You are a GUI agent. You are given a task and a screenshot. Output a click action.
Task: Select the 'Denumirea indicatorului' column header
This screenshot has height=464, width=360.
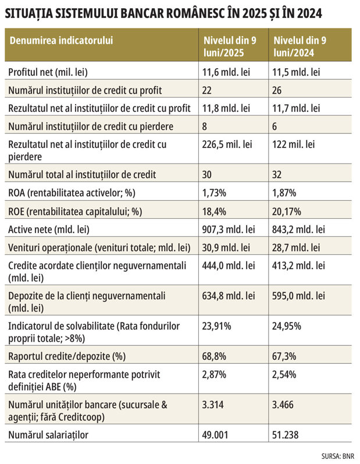[61, 40]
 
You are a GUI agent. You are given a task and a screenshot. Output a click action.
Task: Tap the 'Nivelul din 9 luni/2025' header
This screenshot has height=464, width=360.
[230, 46]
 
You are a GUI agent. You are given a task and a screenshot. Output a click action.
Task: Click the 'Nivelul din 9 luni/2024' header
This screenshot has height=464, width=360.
[300, 46]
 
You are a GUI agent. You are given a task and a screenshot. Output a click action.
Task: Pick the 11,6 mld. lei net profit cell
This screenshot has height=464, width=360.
[226, 72]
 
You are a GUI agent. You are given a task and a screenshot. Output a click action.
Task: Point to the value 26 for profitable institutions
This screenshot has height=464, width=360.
[277, 90]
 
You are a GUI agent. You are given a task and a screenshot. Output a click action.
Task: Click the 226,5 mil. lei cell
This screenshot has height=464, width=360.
[227, 144]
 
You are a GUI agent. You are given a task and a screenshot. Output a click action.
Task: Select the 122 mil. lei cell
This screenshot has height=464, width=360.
[294, 144]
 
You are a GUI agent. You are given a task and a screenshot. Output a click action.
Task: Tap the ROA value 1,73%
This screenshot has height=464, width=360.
[214, 193]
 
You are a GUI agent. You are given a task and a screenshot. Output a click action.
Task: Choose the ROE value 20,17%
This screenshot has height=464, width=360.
[287, 211]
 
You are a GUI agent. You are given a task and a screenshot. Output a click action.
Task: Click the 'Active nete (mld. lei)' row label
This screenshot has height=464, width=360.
[49, 229]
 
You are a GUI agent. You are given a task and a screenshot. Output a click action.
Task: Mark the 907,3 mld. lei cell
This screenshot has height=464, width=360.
[229, 229]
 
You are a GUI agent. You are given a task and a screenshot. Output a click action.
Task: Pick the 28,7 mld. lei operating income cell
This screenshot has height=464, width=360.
[296, 247]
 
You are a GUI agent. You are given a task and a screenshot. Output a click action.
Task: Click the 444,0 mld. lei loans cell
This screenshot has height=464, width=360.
[229, 265]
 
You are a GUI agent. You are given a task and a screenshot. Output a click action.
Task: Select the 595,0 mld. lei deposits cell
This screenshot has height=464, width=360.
[298, 296]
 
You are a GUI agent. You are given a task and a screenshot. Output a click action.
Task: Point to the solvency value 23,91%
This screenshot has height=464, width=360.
[217, 326]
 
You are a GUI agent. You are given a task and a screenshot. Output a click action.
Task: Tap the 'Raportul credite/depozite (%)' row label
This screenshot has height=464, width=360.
[67, 356]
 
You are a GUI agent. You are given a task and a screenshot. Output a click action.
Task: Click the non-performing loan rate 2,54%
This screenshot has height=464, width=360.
[284, 374]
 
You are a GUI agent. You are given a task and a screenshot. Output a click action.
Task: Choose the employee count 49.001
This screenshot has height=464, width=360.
[215, 435]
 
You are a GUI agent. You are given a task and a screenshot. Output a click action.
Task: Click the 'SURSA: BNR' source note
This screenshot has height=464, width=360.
[338, 456]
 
